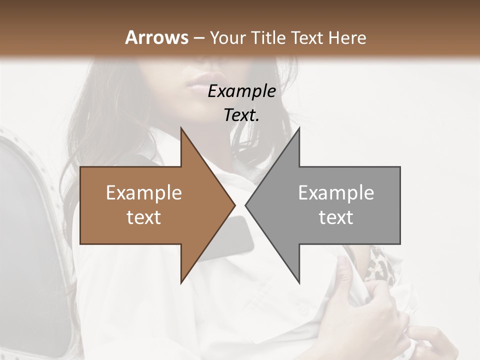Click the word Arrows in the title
[x=156, y=37]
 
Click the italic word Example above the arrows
[x=241, y=91]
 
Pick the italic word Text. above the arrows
[x=241, y=115]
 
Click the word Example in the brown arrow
[x=143, y=193]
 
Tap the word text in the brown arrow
[x=143, y=217]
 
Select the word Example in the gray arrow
[x=336, y=193]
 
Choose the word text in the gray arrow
[x=336, y=217]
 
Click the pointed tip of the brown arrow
[x=234, y=205]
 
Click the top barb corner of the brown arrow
[x=181, y=129]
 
